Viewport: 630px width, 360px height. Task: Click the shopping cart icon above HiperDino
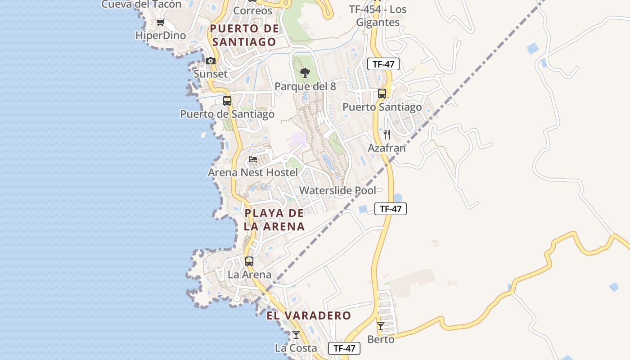point(160,22)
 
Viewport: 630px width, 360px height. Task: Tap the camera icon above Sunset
point(210,61)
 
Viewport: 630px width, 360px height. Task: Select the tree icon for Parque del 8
point(305,73)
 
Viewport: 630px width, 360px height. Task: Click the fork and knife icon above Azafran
point(387,134)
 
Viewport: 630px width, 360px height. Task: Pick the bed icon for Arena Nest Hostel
point(253,159)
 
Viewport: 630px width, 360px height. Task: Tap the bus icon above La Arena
point(249,261)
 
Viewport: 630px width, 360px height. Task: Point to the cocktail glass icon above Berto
point(381,326)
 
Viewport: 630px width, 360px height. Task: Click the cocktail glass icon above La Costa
point(296,334)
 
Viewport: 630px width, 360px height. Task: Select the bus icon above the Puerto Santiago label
point(382,94)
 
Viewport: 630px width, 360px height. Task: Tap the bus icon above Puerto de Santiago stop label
point(227,101)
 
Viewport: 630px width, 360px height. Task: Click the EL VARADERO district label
point(308,315)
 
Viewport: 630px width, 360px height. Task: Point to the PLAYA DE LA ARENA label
point(274,220)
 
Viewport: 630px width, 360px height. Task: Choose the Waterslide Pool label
point(337,190)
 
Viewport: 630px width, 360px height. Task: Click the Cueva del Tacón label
point(141,4)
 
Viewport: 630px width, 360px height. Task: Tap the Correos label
point(253,11)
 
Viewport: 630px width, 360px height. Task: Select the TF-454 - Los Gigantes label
point(378,16)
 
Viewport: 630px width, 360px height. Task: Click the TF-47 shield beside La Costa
point(344,348)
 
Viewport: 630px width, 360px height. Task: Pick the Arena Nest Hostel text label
point(252,172)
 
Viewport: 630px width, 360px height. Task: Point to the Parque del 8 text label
point(305,86)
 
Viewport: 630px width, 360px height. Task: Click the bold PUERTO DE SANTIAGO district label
point(244,35)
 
